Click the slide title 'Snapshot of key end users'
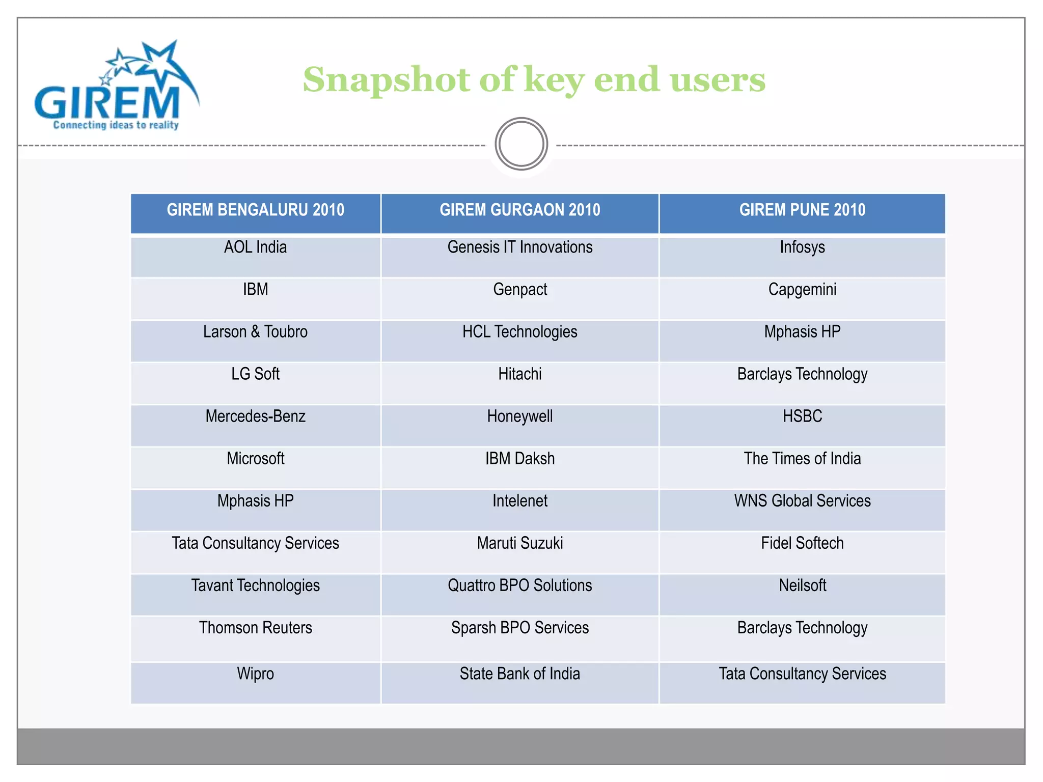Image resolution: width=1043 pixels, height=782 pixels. coord(534,79)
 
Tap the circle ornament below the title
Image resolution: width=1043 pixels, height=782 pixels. coord(521,144)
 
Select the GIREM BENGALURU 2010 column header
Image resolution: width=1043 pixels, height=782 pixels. coord(255,210)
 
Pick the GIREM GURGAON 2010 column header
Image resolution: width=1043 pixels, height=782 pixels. coord(520,210)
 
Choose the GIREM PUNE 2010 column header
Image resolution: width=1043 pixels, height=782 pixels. coord(802,210)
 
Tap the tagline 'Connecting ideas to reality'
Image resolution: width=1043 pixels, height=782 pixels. coord(116,125)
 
